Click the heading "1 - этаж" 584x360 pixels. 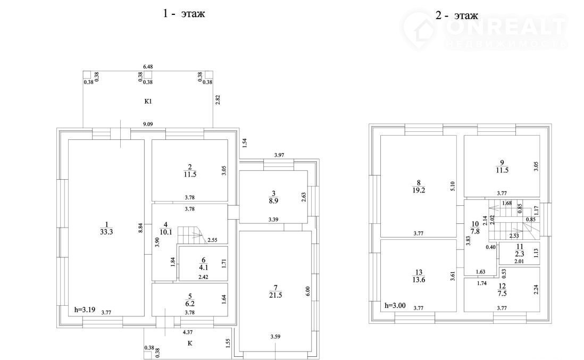(183, 14)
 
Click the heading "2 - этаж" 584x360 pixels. (457, 15)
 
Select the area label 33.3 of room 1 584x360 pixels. (106, 232)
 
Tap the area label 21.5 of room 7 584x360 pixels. (275, 295)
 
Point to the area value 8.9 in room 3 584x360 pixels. (273, 200)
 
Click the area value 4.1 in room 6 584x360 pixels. (203, 267)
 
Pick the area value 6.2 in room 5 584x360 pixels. (190, 304)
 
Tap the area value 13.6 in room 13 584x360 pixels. (419, 280)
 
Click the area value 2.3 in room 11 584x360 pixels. (520, 254)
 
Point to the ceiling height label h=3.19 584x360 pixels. (85, 309)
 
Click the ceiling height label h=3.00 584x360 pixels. (395, 305)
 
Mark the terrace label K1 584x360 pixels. (148, 101)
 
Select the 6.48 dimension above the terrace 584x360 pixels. (148, 66)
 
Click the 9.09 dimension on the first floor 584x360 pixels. (148, 124)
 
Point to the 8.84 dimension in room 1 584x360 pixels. (140, 228)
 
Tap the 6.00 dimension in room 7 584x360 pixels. (307, 291)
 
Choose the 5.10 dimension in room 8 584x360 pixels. (453, 186)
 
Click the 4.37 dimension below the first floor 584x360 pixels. (188, 332)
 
